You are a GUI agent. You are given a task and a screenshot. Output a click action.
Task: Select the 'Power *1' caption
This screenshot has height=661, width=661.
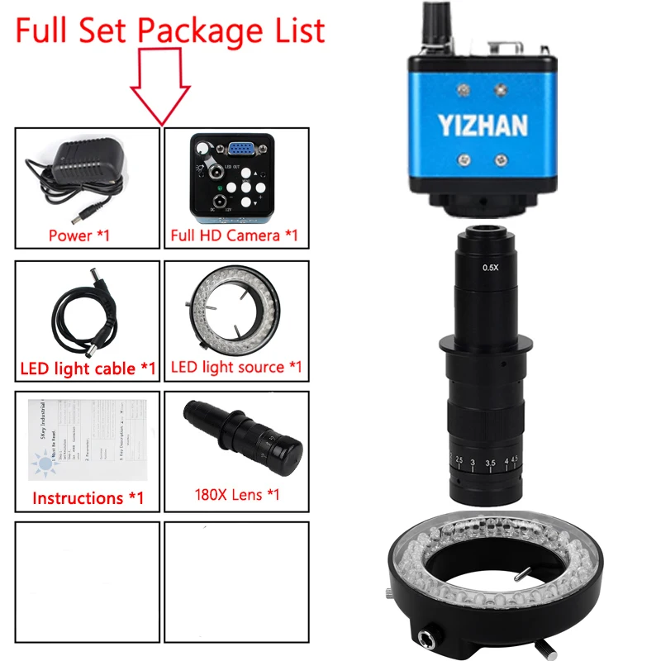(x=80, y=235)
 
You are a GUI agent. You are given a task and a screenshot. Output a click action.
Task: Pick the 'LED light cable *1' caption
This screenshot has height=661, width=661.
(x=87, y=367)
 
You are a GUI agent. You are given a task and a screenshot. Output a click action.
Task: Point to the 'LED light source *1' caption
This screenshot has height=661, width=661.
(x=236, y=365)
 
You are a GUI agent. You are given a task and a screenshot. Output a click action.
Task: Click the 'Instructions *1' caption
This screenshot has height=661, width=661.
(x=88, y=498)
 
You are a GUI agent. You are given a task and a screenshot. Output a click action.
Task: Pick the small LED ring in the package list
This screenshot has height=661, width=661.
(x=235, y=310)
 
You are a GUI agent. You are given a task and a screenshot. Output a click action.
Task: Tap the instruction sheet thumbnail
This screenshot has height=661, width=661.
(x=87, y=441)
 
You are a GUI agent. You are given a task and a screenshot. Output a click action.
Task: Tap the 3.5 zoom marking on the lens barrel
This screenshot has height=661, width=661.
(x=492, y=462)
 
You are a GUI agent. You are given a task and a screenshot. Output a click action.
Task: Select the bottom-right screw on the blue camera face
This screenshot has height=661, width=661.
(x=501, y=160)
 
